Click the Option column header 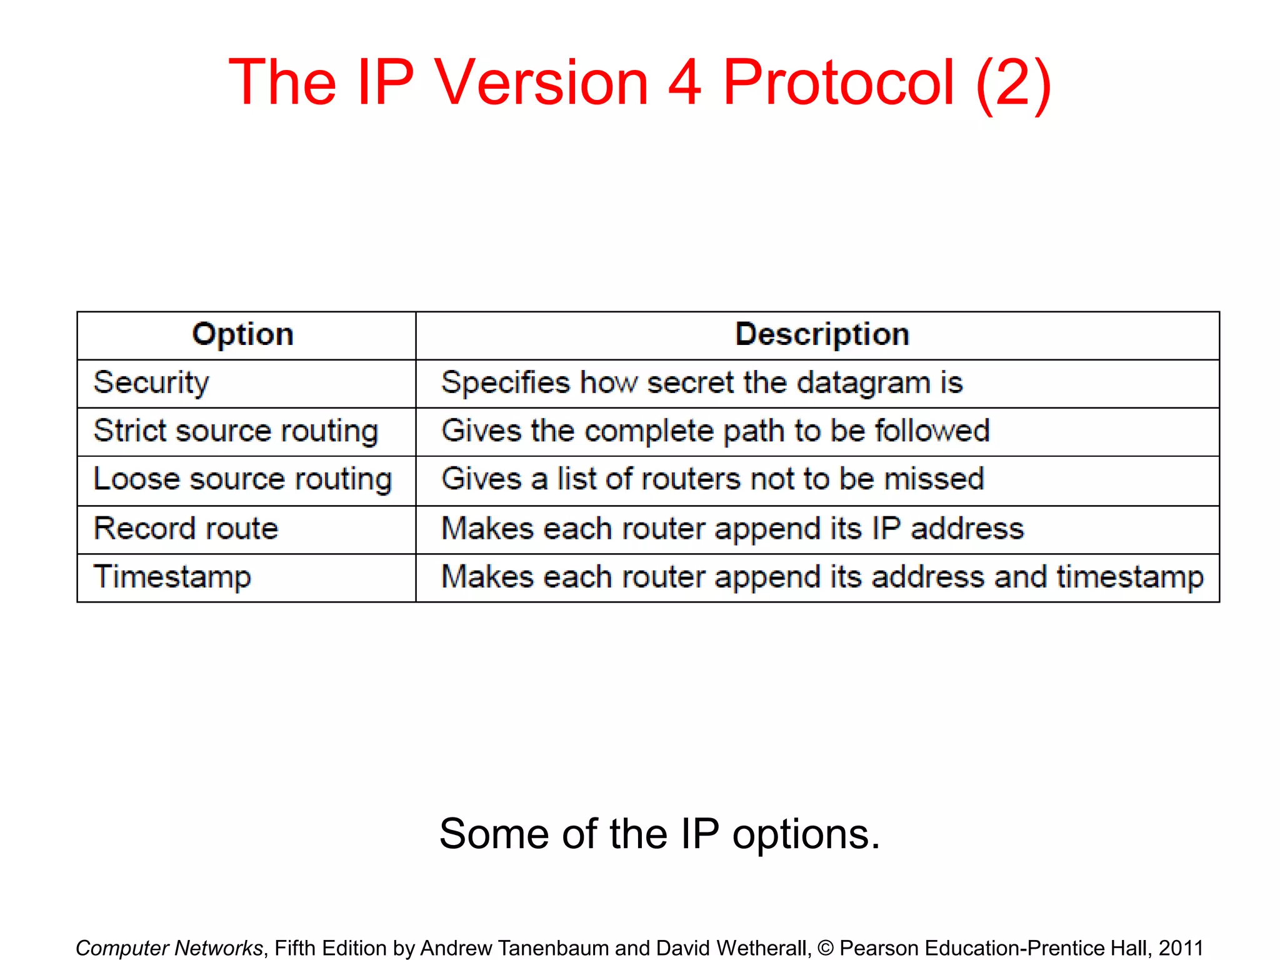point(242,334)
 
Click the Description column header point(822,334)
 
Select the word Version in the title point(541,82)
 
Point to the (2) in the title point(1012,84)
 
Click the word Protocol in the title point(838,82)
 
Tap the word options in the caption point(806,835)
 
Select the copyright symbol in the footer point(825,948)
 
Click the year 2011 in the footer point(1181,948)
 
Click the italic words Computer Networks point(169,948)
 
